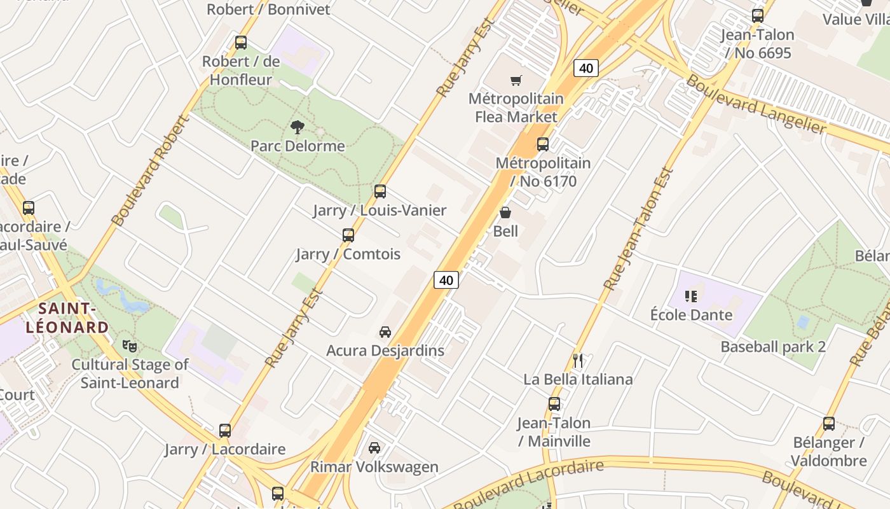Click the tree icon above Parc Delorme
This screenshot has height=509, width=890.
297,127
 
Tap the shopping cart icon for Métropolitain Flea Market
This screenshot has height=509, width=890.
516,81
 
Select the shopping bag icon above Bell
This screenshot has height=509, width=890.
505,213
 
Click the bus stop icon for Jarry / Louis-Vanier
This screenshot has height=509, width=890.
380,192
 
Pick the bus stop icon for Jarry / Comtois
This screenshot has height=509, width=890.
348,235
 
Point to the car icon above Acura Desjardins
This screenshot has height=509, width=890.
385,332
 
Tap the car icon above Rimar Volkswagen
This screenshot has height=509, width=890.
374,448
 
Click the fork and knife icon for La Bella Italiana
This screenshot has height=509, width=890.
578,361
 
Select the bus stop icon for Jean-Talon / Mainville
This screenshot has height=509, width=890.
554,404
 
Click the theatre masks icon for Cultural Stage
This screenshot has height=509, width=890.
130,346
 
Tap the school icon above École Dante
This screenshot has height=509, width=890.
691,296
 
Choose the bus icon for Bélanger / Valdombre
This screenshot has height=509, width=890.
829,424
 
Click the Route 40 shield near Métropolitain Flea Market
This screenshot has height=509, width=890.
586,68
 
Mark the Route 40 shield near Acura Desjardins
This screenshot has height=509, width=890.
446,280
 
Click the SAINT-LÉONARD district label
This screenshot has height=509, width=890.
67,318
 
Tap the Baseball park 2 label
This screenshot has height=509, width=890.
773,347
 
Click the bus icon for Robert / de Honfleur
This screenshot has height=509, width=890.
241,43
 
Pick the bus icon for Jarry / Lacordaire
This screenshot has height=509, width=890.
225,431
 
